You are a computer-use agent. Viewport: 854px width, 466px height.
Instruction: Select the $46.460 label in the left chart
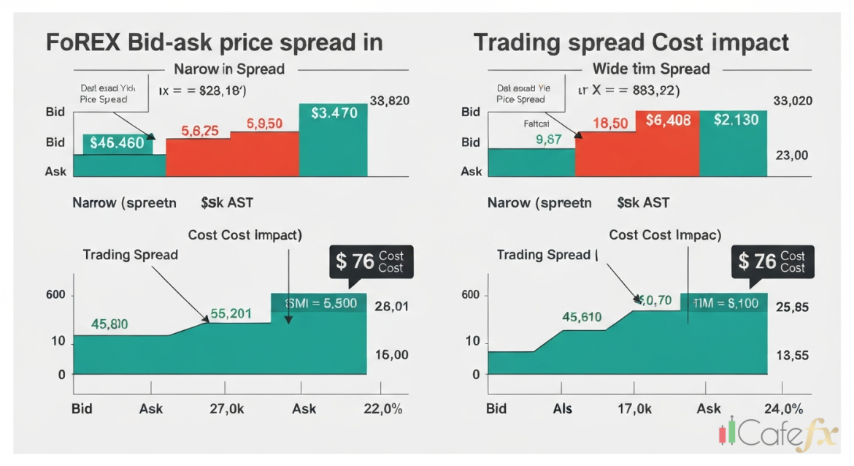pyautogui.click(x=117, y=143)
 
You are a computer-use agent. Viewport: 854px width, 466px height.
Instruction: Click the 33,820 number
pyautogui.click(x=390, y=102)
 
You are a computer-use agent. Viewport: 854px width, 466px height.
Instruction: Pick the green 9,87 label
pyautogui.click(x=548, y=140)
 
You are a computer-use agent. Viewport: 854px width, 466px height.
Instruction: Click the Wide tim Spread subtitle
pyautogui.click(x=651, y=69)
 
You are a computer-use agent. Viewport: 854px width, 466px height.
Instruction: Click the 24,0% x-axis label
pyautogui.click(x=782, y=409)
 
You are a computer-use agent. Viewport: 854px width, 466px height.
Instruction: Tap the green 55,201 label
pyautogui.click(x=231, y=314)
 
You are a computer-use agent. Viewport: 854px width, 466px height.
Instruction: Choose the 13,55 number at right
pyautogui.click(x=792, y=356)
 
